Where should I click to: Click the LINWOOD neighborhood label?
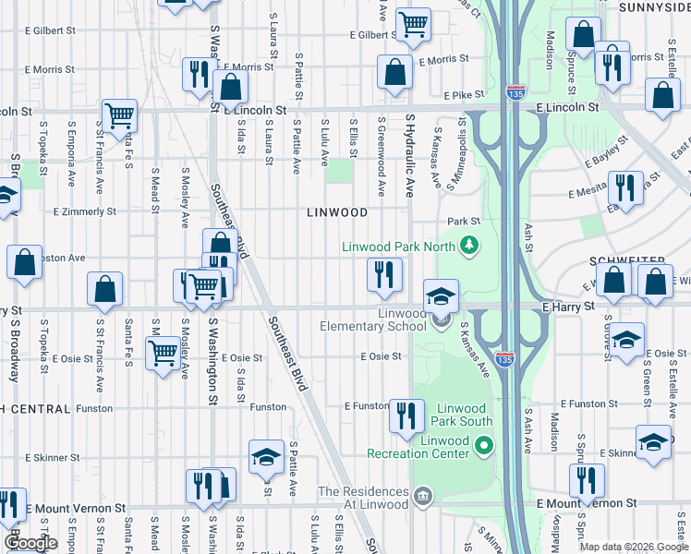[x=337, y=212]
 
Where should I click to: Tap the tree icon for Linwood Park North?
[x=469, y=245]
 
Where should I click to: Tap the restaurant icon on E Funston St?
[x=406, y=415]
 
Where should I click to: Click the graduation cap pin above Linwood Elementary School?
[x=442, y=295]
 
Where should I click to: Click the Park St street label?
[x=464, y=222]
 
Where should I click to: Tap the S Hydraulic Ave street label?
[x=410, y=156]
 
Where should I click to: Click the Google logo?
[x=30, y=543]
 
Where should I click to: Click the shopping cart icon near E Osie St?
[x=164, y=352]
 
